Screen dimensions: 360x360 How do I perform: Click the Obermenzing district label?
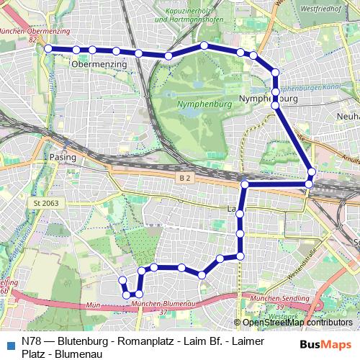coord(99,64)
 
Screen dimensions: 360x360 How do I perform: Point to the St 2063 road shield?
coord(45,204)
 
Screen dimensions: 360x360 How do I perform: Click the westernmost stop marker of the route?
coord(48,48)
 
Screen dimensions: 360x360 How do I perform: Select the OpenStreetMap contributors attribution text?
coord(296,322)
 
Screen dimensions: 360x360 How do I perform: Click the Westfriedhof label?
coord(320,9)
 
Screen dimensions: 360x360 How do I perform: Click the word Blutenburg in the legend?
coord(81,341)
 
